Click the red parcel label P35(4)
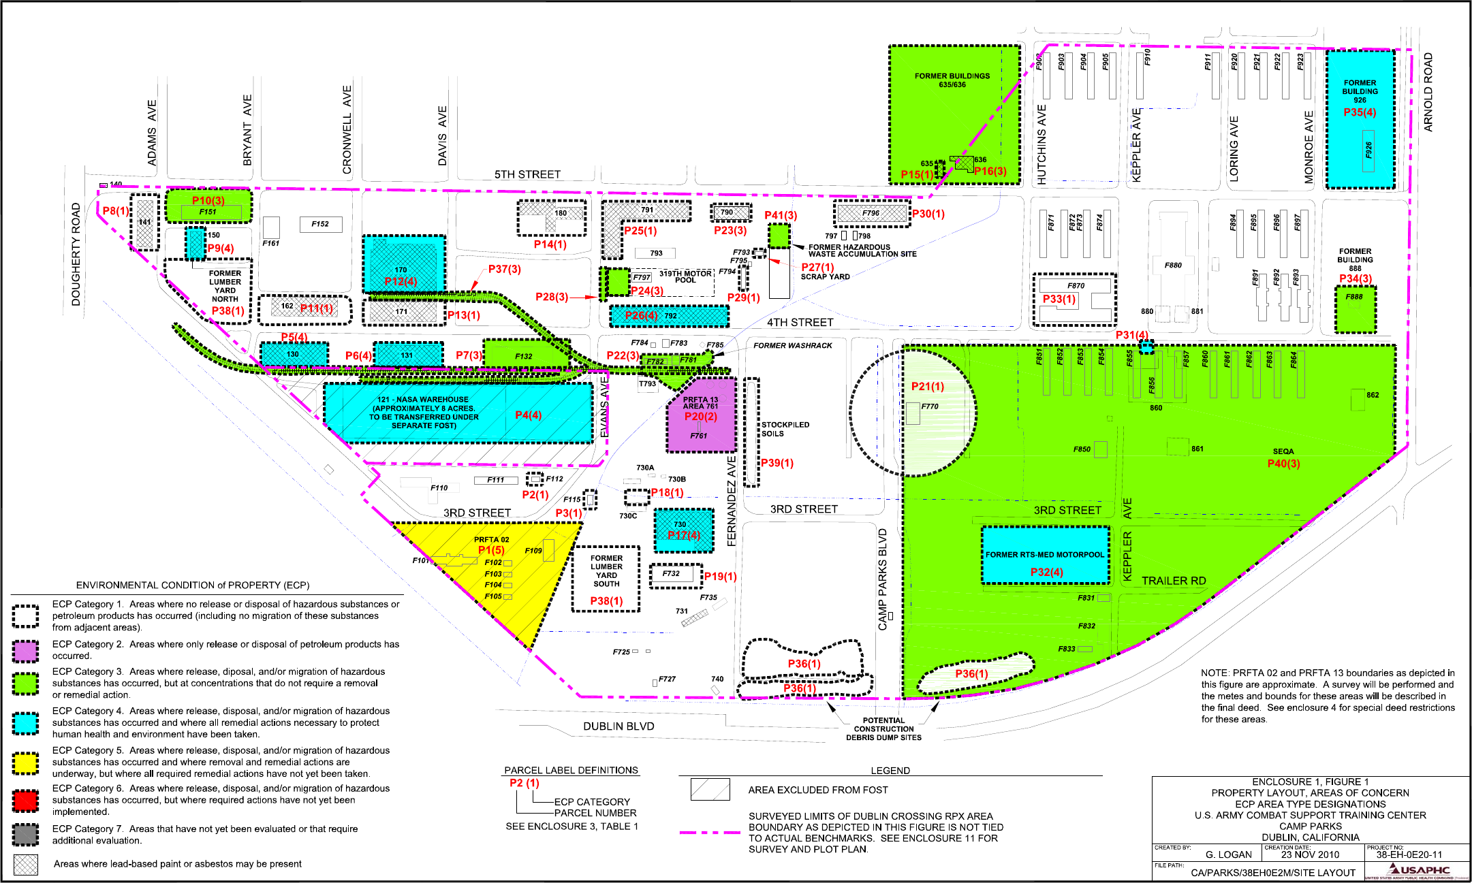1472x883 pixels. [1359, 112]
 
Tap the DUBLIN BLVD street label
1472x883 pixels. [618, 726]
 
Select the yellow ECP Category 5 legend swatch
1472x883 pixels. [26, 762]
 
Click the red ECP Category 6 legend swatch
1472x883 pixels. [26, 801]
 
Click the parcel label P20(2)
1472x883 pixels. [700, 417]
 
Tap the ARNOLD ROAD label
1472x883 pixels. [1428, 92]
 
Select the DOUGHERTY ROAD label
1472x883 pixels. [76, 254]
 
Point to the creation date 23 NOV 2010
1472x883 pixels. [1309, 855]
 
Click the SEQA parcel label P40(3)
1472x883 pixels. [1283, 464]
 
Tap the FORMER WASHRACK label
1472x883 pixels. [792, 346]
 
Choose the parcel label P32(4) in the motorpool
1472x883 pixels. [1046, 572]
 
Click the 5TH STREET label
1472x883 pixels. [527, 174]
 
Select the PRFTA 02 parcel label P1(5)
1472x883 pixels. [491, 550]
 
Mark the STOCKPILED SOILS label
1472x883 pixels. [785, 429]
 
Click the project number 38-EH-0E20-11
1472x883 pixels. [1409, 855]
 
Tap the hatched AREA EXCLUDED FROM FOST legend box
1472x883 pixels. [710, 790]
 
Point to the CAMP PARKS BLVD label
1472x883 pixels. [883, 579]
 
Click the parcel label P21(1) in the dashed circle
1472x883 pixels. [927, 387]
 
